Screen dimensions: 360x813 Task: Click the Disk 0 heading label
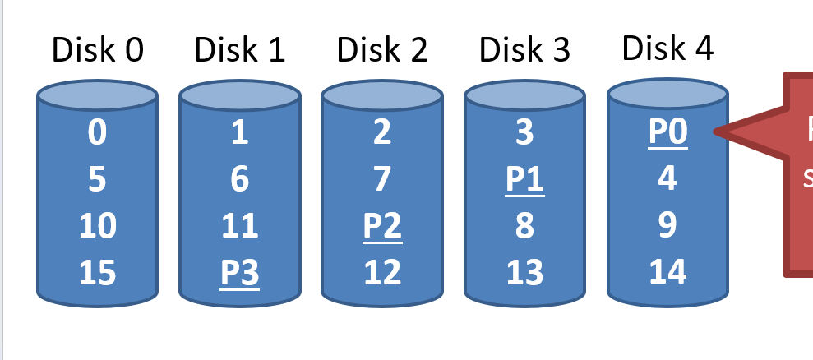click(97, 51)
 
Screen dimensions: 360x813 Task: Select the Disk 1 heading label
click(239, 51)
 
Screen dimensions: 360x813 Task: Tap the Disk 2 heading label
click(382, 51)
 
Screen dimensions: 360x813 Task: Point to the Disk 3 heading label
click(524, 51)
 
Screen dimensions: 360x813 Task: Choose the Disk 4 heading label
click(667, 48)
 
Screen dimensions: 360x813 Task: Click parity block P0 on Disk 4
click(667, 133)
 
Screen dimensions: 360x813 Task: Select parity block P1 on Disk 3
click(524, 180)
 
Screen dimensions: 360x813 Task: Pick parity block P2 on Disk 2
click(382, 226)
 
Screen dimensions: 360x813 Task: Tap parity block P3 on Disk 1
click(239, 273)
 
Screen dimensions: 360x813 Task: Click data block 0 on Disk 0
click(97, 133)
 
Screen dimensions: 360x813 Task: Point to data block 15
click(97, 273)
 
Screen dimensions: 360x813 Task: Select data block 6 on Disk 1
click(239, 180)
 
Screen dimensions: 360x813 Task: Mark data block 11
click(239, 226)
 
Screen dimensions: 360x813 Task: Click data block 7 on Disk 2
click(382, 180)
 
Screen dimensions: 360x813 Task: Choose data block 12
click(382, 273)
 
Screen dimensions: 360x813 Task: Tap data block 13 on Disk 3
click(524, 273)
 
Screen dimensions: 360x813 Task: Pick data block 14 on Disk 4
click(667, 271)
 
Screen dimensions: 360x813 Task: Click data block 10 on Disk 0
click(97, 226)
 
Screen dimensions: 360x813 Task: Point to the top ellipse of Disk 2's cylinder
click(382, 97)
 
